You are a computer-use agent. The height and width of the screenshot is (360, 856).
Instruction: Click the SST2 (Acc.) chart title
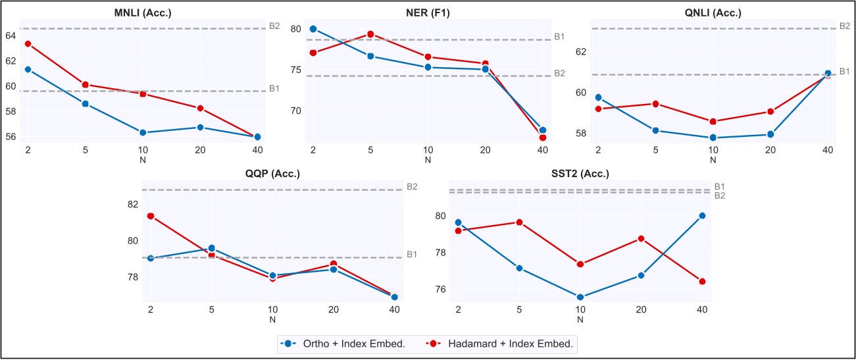pos(580,174)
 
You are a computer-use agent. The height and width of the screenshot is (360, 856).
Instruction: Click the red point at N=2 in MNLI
pos(28,43)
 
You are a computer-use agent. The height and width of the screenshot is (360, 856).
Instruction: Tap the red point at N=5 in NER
pos(370,34)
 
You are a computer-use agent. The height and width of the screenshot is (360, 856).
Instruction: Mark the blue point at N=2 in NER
pos(313,29)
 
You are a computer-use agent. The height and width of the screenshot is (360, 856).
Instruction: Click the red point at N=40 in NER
pos(542,138)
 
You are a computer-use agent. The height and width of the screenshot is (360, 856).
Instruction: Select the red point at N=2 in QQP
pos(151,216)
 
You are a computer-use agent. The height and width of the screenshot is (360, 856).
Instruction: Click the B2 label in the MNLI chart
pos(274,26)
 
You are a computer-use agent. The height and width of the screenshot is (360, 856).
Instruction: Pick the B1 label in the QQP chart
pos(412,255)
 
